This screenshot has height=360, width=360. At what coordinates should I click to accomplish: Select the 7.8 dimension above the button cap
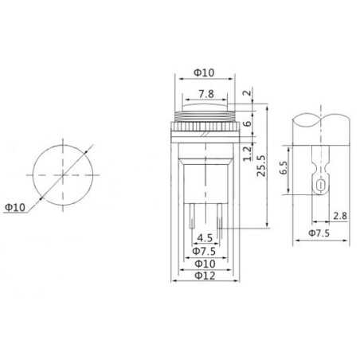(x=205, y=93)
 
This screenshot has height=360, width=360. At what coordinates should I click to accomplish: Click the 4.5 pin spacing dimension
(x=205, y=237)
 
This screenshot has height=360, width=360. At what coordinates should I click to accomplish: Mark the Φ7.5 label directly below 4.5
(x=205, y=250)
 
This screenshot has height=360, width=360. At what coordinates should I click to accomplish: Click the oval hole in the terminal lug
(x=319, y=186)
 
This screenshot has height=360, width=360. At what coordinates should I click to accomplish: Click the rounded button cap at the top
(x=205, y=105)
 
